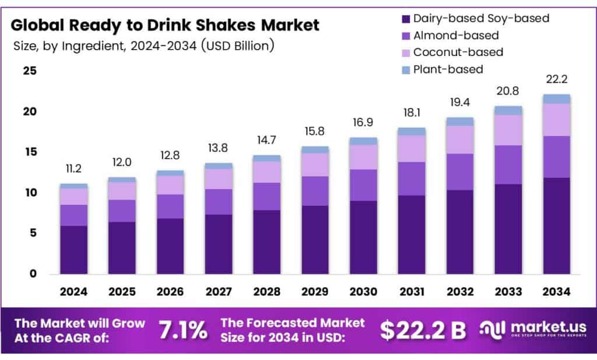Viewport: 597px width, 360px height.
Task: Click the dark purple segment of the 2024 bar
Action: coord(73,250)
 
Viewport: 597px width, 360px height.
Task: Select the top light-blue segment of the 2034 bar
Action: coord(556,99)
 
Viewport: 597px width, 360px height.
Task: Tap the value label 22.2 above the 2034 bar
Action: coord(556,79)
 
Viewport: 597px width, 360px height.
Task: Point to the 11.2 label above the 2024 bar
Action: coord(73,169)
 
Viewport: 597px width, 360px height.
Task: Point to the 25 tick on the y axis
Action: coord(30,71)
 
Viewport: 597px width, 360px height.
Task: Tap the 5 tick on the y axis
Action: coord(33,233)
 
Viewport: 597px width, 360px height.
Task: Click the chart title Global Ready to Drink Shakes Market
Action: coord(166,25)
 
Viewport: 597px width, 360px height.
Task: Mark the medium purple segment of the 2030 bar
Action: coord(363,185)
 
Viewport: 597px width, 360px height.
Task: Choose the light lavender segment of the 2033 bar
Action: coord(508,130)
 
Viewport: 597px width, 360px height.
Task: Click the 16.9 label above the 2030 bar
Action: coord(363,123)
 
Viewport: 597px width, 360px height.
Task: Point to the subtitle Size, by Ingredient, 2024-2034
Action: coord(143,46)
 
